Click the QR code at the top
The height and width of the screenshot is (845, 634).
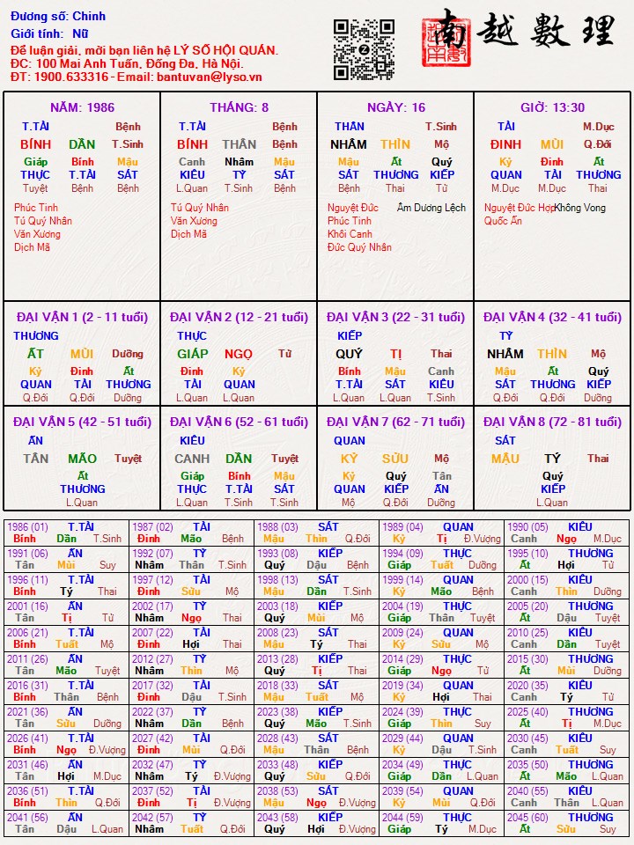[364, 49]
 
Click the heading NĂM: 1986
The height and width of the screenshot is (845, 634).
[82, 107]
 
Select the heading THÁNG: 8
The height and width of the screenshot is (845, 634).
[240, 107]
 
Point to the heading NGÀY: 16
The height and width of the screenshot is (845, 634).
[395, 107]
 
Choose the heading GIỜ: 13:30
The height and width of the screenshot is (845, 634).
[552, 107]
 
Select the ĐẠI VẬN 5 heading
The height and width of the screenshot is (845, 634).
[82, 422]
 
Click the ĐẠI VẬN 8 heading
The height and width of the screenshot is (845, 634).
[552, 422]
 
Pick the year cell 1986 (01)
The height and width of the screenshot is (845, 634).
[27, 526]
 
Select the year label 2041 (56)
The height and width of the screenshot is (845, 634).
[27, 817]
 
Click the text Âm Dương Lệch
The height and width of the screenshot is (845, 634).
[431, 208]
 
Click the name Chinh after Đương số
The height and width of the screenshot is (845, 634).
[89, 16]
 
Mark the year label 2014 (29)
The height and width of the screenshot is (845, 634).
[402, 658]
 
